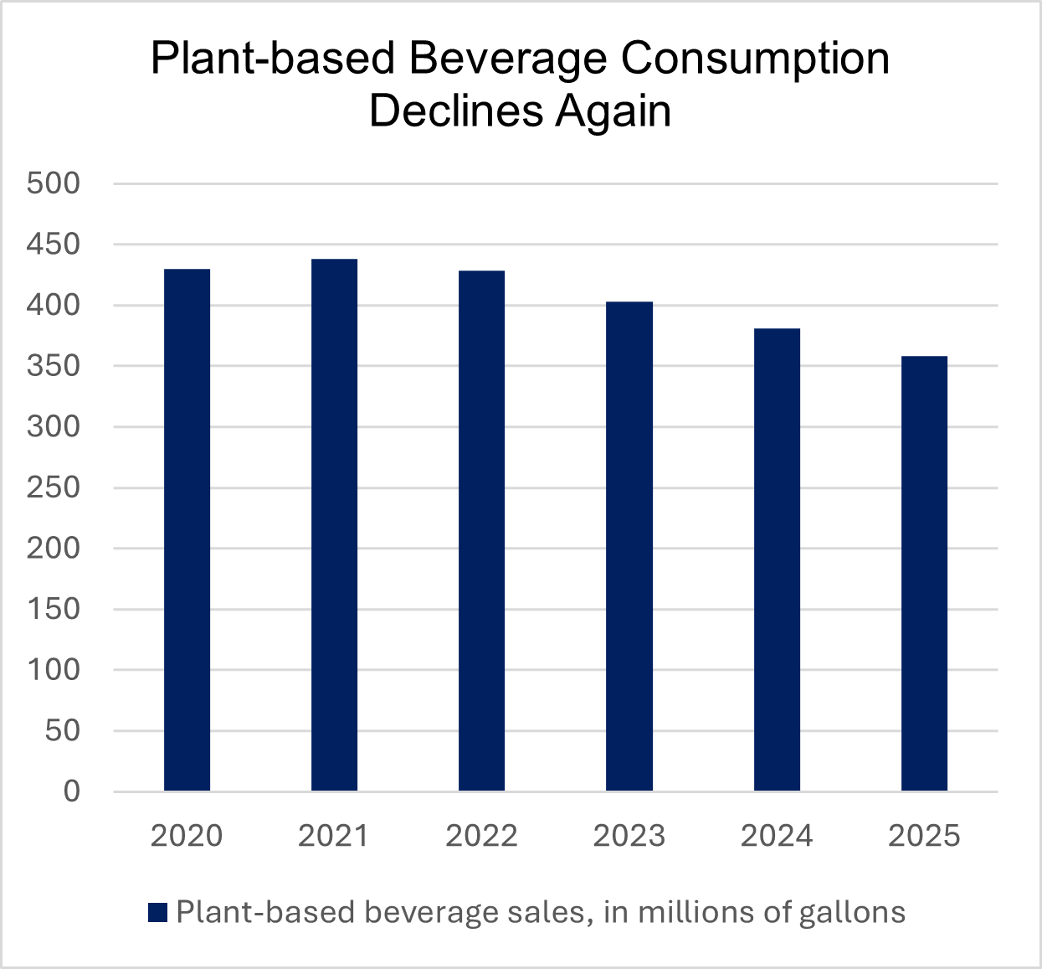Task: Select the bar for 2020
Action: [x=187, y=529]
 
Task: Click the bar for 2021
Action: [x=334, y=525]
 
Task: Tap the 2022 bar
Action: [x=481, y=530]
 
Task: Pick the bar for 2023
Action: [x=629, y=546]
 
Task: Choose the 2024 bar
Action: [x=777, y=559]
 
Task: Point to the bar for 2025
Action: [x=924, y=573]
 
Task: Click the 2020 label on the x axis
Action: [x=187, y=836]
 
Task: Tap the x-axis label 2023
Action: [x=629, y=836]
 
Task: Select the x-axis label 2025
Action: [x=924, y=836]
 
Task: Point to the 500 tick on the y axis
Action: [x=54, y=183]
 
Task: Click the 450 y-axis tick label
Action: [x=54, y=245]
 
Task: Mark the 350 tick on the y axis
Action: [x=54, y=366]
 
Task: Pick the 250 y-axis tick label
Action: [x=54, y=487]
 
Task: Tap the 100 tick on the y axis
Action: [x=54, y=670]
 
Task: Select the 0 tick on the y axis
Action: [x=72, y=791]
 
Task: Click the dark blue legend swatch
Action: [x=158, y=913]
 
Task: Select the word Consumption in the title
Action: [x=756, y=59]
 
